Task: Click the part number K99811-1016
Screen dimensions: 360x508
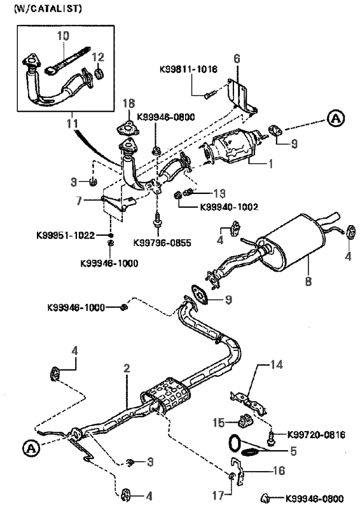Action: (x=188, y=69)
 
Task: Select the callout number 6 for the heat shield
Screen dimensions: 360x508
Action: (x=237, y=58)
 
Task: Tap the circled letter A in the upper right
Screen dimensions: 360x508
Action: (x=336, y=118)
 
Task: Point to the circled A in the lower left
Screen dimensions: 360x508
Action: (x=31, y=448)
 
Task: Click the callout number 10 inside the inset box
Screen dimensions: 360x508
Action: (x=63, y=36)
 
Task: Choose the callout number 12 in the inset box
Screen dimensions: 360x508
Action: (x=98, y=57)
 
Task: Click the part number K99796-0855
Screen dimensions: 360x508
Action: (x=162, y=243)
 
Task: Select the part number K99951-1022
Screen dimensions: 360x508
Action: (x=66, y=235)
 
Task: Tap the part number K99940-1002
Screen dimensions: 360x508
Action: (x=229, y=207)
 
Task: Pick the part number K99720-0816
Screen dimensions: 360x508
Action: (x=316, y=434)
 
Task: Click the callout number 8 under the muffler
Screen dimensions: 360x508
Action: (x=308, y=281)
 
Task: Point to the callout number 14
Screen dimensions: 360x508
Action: (x=277, y=365)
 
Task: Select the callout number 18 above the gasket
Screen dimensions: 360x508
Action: (x=128, y=104)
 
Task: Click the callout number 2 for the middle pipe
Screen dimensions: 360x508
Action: (x=127, y=368)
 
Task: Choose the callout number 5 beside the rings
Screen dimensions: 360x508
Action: (x=293, y=451)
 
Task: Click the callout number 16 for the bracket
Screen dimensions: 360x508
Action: (x=279, y=470)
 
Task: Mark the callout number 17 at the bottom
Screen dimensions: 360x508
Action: (x=218, y=495)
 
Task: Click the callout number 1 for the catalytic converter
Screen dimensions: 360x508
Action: (x=270, y=163)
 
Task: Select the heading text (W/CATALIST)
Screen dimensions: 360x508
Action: (x=48, y=8)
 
